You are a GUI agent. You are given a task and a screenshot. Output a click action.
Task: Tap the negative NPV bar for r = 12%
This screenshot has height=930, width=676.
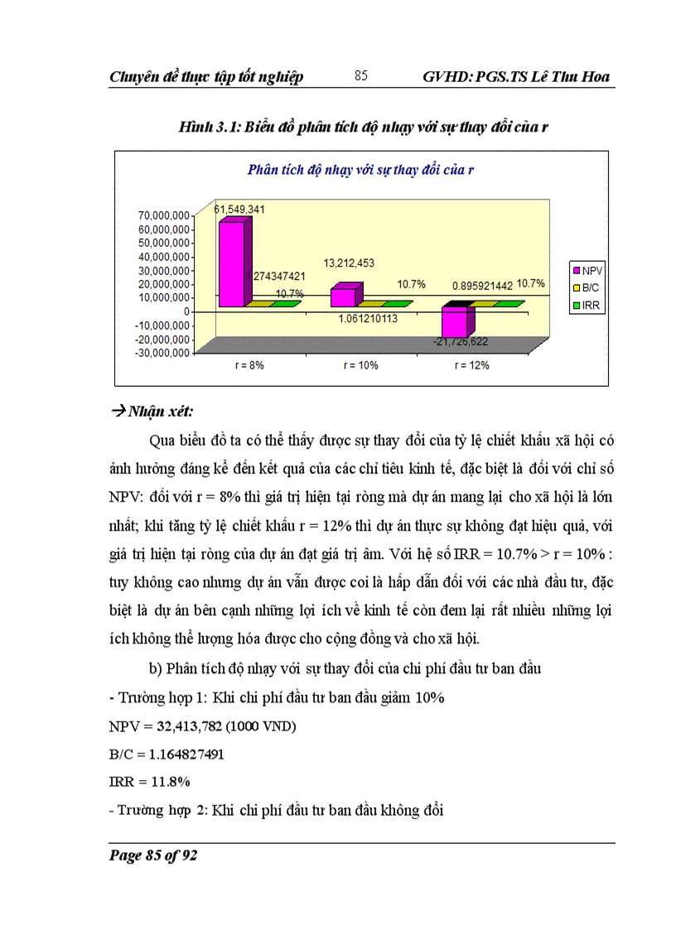point(454,324)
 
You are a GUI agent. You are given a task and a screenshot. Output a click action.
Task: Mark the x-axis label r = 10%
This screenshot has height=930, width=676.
point(359,365)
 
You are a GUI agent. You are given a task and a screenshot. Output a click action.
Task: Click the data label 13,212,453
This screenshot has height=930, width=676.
point(344,263)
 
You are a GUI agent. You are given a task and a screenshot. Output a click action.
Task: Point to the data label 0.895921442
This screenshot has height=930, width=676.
point(481,285)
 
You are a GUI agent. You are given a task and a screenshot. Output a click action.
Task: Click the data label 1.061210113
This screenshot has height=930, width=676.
point(356,316)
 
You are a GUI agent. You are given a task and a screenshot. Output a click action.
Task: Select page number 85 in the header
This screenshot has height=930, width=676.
point(360,76)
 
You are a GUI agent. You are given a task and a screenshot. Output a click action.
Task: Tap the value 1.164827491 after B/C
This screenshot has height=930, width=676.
point(184,755)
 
